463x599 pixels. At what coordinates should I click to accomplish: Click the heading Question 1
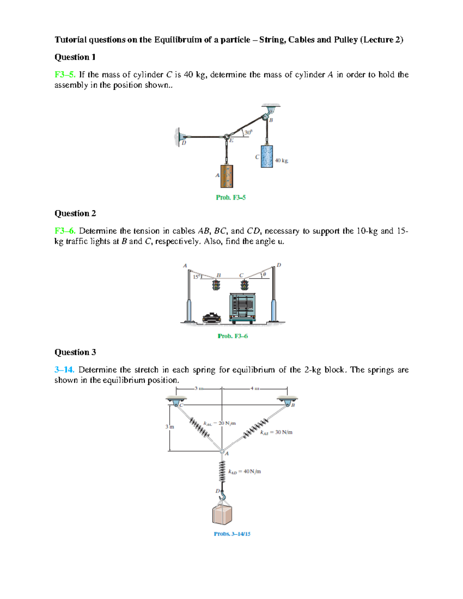(x=75, y=57)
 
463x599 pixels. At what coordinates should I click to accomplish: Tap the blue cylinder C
(x=267, y=156)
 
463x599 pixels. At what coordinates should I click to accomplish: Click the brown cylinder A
(x=226, y=176)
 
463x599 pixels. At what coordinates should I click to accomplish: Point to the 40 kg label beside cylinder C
(x=282, y=160)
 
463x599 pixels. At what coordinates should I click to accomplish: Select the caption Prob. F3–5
(x=231, y=197)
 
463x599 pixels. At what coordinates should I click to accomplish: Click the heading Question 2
(x=75, y=213)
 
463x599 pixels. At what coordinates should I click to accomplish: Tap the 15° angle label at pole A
(x=196, y=277)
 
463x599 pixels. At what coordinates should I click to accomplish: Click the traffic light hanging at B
(x=216, y=285)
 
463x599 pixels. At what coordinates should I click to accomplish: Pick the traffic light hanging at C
(x=244, y=285)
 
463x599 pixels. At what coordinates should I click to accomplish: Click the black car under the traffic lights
(x=212, y=318)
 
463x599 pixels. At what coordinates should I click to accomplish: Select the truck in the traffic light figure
(x=242, y=307)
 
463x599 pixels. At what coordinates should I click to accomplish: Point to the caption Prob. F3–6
(x=233, y=336)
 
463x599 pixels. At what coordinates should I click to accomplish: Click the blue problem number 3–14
(x=64, y=370)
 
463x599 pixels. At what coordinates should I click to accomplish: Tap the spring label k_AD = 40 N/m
(x=245, y=471)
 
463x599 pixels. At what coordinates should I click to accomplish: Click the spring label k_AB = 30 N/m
(x=276, y=432)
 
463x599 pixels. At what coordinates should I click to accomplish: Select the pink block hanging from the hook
(x=222, y=514)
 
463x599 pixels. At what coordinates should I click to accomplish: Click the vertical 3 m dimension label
(x=170, y=427)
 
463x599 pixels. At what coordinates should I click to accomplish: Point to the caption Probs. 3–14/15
(x=232, y=534)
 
